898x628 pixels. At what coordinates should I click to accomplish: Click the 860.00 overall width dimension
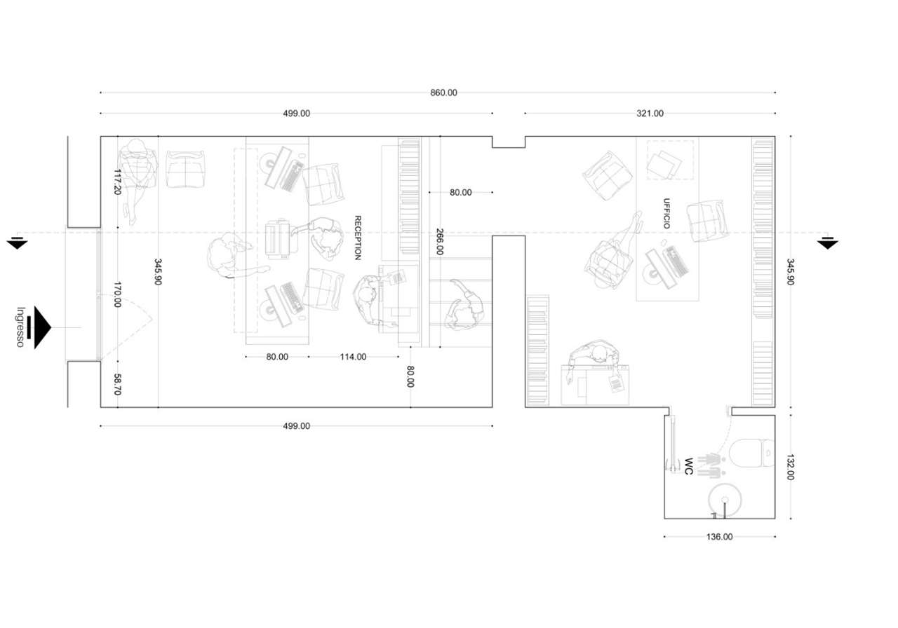(443, 93)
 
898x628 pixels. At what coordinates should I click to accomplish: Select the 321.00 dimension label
(650, 114)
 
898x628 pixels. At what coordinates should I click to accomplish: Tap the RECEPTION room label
(358, 238)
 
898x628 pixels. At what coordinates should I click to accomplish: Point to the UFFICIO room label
(666, 214)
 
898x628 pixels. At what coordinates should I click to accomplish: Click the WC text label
(688, 467)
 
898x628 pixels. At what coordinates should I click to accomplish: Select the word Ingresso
(20, 327)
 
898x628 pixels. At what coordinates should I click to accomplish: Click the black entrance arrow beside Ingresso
(41, 327)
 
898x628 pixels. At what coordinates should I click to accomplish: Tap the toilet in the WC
(752, 453)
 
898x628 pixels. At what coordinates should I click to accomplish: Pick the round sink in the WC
(725, 500)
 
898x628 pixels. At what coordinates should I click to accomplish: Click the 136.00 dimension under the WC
(719, 537)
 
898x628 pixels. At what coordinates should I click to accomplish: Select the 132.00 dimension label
(790, 467)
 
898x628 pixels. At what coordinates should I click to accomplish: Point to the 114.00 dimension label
(353, 357)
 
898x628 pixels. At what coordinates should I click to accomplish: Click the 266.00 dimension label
(440, 242)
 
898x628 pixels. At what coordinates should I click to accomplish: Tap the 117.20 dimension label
(117, 182)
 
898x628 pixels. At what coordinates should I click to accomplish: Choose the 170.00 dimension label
(117, 294)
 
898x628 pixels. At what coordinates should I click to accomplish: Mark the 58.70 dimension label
(117, 384)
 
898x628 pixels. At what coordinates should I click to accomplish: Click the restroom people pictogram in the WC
(711, 465)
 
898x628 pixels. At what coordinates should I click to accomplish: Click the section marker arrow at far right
(827, 243)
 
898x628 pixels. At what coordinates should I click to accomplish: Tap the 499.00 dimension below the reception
(297, 426)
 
